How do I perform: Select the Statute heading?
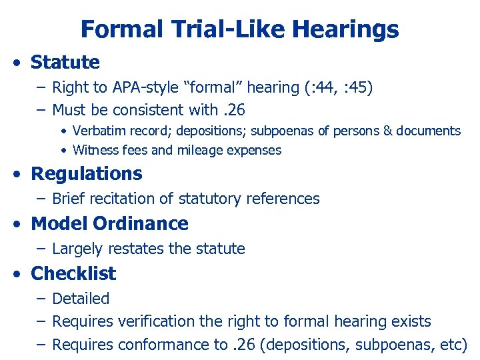(x=65, y=63)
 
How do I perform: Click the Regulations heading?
(x=87, y=174)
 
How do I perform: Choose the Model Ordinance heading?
(x=110, y=224)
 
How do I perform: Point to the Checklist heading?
(x=73, y=274)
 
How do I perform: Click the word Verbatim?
(x=98, y=131)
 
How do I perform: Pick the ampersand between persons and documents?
(x=388, y=131)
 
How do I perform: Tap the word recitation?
(x=125, y=199)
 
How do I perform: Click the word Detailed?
(x=81, y=299)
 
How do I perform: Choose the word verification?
(x=149, y=321)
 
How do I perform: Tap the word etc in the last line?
(x=453, y=345)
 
